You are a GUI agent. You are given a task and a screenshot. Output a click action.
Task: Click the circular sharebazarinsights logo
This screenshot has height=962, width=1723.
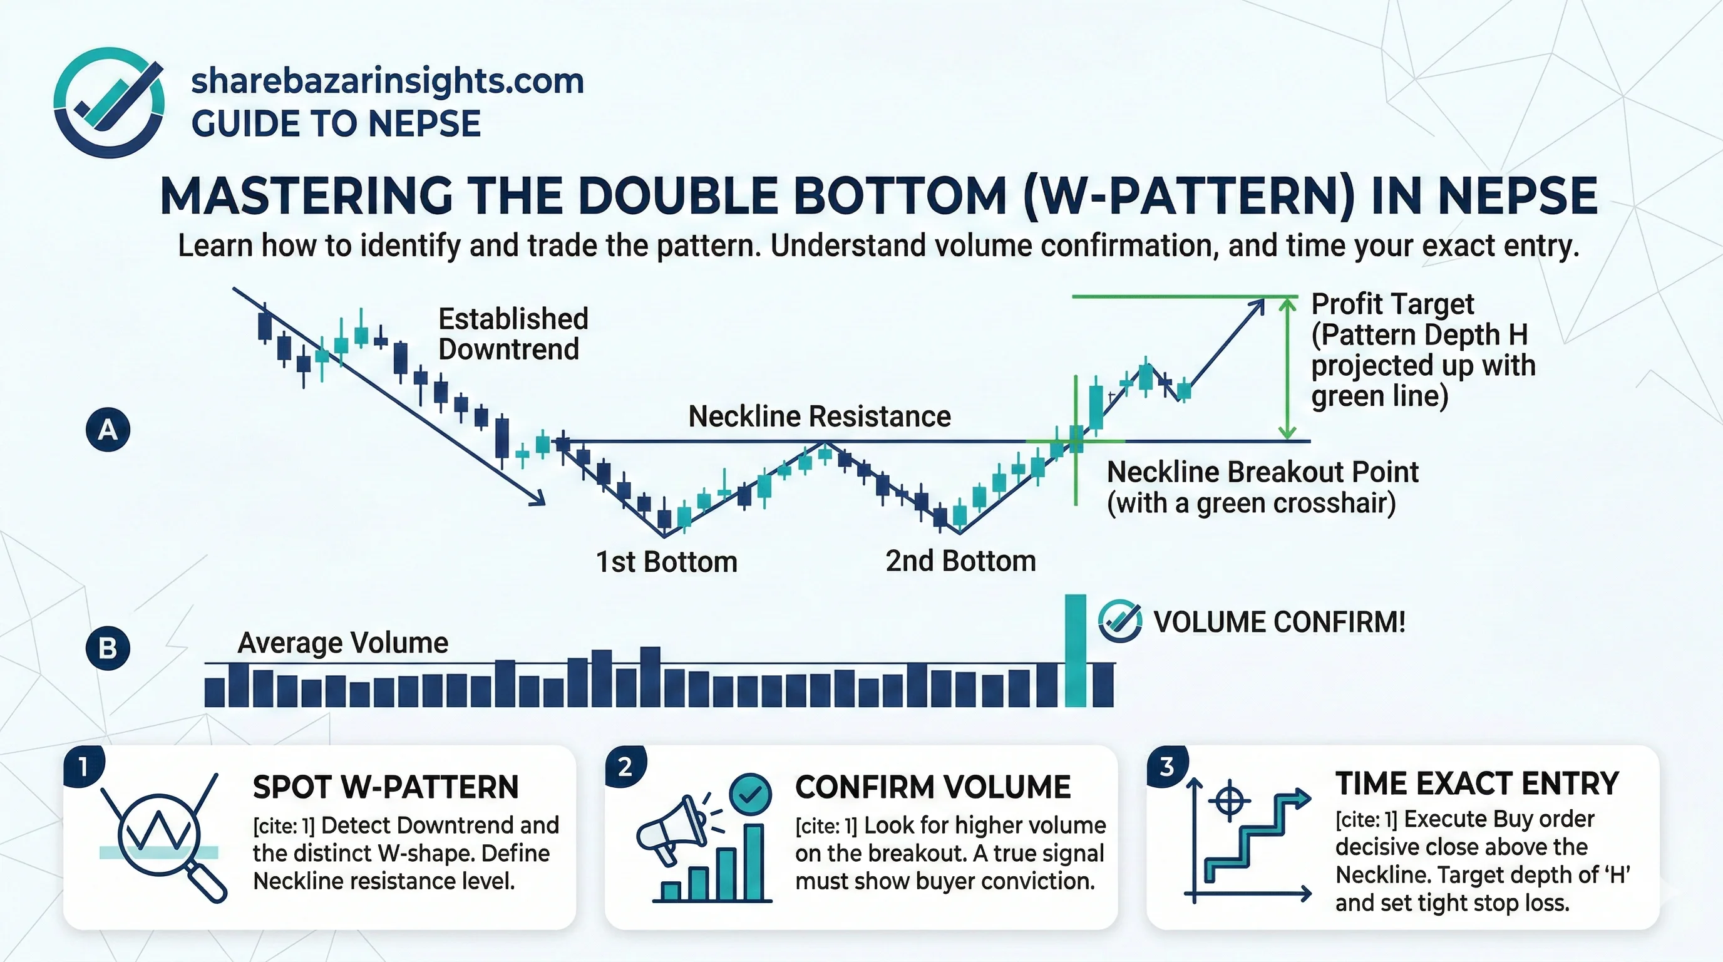pyautogui.click(x=109, y=102)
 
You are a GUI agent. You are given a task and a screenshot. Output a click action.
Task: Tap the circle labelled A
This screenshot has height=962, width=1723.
pyautogui.click(x=108, y=430)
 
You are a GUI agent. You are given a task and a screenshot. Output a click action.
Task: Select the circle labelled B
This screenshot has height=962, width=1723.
pyautogui.click(x=108, y=648)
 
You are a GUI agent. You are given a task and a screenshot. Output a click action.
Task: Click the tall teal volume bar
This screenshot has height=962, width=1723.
pyautogui.click(x=1076, y=650)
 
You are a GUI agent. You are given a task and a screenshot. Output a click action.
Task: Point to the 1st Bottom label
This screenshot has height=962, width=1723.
pyautogui.click(x=666, y=562)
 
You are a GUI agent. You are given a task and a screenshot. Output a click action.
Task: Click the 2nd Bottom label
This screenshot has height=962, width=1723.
pyautogui.click(x=960, y=561)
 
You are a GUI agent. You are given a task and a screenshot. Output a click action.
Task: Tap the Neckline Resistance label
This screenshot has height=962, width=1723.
pyautogui.click(x=820, y=416)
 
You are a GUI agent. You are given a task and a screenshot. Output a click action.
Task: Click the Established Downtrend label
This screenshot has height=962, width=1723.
pyautogui.click(x=513, y=334)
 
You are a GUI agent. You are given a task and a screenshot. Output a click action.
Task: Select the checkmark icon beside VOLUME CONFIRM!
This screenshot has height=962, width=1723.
pyautogui.click(x=1119, y=621)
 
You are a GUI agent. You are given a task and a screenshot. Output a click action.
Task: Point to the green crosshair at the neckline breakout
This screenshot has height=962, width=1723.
pyautogui.click(x=1076, y=441)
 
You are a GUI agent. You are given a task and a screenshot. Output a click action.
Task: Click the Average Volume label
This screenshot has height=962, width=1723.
pyautogui.click(x=342, y=643)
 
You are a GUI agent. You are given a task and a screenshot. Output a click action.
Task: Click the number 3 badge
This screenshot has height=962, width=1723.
pyautogui.click(x=1166, y=767)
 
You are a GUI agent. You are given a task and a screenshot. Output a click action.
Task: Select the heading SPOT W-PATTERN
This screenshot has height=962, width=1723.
pyautogui.click(x=385, y=787)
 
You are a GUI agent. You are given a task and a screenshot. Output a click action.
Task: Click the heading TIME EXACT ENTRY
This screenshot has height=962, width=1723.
pyautogui.click(x=1477, y=784)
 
